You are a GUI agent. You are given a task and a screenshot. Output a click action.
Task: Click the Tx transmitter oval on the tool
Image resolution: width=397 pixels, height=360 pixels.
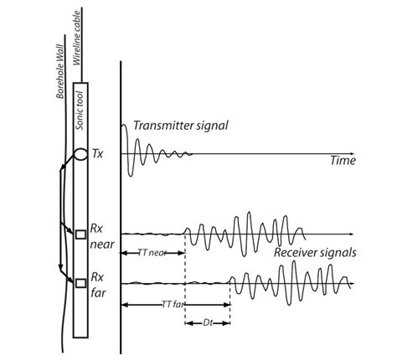(80, 154)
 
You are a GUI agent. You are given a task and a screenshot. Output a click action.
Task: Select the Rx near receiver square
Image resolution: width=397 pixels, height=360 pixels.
(81, 234)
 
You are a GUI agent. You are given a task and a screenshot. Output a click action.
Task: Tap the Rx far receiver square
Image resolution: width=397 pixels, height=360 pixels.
(81, 283)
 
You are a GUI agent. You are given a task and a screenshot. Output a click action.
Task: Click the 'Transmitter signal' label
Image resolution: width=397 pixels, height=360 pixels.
(181, 126)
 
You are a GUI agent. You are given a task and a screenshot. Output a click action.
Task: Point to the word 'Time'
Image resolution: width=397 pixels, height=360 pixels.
(343, 161)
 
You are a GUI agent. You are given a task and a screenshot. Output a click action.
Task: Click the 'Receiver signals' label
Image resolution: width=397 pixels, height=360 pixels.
(315, 253)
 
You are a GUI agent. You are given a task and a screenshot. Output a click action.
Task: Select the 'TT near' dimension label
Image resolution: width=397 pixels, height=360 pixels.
(152, 253)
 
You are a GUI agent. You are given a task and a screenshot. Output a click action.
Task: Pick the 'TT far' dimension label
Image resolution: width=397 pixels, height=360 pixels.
(173, 304)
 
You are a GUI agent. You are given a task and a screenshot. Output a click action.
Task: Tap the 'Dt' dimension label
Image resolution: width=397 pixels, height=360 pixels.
(208, 323)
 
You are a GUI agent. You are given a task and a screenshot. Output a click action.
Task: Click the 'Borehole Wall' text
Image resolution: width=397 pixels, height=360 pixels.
(60, 71)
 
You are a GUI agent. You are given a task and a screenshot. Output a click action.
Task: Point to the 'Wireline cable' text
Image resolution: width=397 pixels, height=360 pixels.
(76, 38)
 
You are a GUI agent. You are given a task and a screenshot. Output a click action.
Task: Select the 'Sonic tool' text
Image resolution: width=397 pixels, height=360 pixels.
(80, 111)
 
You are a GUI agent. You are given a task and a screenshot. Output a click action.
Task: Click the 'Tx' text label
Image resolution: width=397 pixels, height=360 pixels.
(97, 154)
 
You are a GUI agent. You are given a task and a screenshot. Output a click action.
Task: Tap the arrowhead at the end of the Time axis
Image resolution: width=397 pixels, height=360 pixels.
(352, 154)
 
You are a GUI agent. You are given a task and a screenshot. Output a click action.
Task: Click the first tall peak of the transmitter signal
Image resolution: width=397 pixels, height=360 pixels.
(124, 126)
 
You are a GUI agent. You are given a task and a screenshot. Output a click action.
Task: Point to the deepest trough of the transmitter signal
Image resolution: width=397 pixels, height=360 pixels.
(131, 175)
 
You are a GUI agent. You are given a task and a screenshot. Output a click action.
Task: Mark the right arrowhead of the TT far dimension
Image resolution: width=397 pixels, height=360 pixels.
(228, 305)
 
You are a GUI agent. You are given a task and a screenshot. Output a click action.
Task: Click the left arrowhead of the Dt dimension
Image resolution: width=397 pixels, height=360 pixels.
(188, 323)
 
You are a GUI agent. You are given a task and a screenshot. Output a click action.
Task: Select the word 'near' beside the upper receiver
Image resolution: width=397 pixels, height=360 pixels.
(102, 244)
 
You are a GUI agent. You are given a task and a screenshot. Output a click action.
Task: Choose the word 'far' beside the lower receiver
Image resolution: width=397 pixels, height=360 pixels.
(98, 292)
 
